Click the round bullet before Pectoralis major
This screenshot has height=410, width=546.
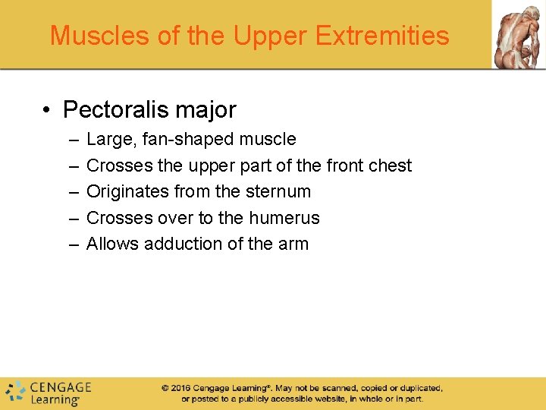[x=48, y=111]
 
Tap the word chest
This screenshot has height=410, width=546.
[x=390, y=166]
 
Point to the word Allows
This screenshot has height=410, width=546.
[x=112, y=244]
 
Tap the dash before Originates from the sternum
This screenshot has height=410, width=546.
[x=72, y=191]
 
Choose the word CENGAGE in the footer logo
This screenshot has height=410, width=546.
[x=60, y=387]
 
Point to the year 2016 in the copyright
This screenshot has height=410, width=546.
[x=180, y=388]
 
